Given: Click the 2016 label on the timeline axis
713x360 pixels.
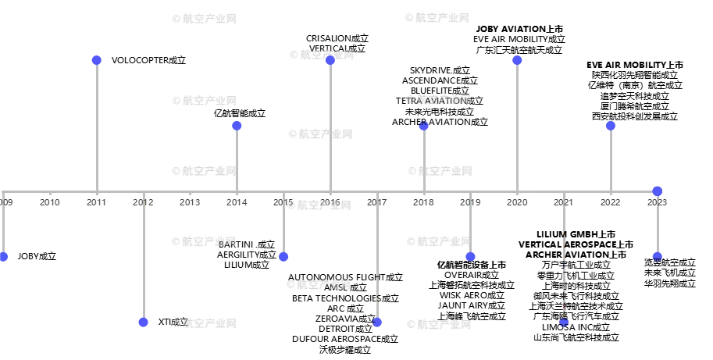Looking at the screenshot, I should click(330, 202).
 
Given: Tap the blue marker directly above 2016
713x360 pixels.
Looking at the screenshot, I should click(330, 60).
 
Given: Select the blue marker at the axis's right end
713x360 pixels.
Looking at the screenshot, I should click(657, 191).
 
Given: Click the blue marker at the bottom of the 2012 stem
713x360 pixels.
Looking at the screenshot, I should click(143, 322).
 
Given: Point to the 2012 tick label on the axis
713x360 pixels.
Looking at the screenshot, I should click(143, 202).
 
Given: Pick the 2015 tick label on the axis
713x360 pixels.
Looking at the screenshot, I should click(284, 202).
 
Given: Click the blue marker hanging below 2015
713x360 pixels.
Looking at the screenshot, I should click(283, 256).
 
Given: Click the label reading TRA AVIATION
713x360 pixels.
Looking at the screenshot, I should click(439, 101).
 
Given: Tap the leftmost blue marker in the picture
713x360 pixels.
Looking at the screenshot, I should click(4, 256).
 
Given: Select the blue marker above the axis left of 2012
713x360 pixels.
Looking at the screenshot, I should click(96, 60).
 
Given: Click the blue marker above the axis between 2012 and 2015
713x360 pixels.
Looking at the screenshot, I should click(237, 125).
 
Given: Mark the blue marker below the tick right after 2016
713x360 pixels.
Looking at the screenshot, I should click(377, 322).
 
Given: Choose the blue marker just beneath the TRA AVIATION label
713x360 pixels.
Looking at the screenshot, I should click(424, 125).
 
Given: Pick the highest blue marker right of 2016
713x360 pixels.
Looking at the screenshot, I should click(517, 60).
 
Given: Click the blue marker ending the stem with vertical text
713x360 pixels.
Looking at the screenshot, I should click(564, 322).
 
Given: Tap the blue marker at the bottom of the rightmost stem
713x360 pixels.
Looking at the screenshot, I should click(657, 255).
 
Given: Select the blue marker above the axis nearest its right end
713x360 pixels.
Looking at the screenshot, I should click(611, 125).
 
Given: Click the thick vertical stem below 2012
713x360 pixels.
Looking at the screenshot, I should click(143, 258).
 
